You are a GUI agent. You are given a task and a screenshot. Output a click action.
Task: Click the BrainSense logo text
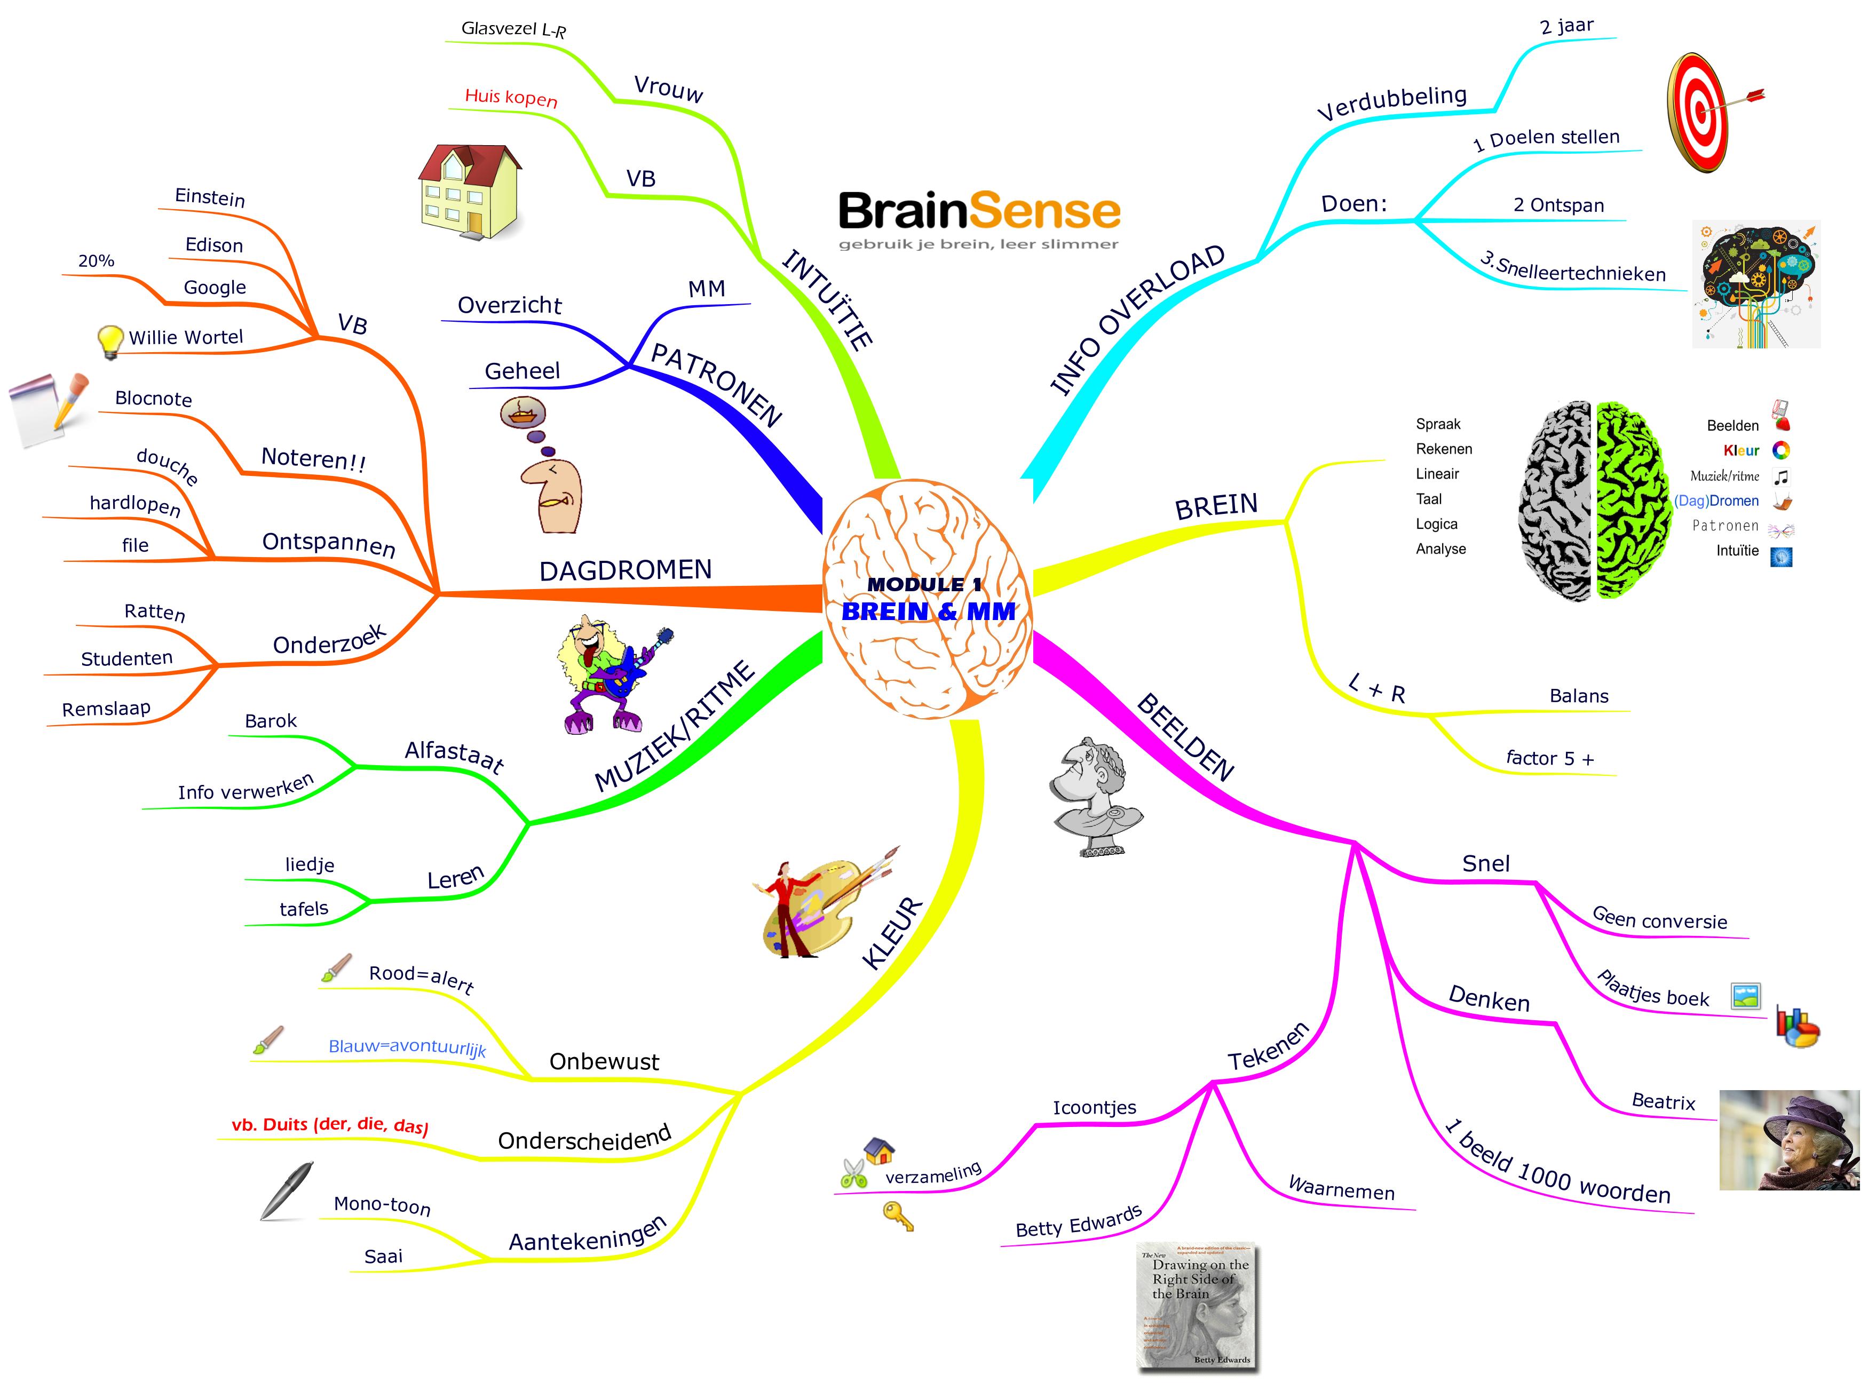click(979, 211)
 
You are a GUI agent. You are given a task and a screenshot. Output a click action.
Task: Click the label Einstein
click(210, 198)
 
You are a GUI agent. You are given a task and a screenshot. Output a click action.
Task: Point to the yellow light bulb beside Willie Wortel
click(109, 341)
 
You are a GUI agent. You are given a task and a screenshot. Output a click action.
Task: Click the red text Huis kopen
click(511, 98)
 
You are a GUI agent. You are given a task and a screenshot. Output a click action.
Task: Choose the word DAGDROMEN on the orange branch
click(625, 570)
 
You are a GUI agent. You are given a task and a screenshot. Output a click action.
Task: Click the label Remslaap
click(106, 709)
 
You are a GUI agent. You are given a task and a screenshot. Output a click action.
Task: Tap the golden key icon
click(897, 1216)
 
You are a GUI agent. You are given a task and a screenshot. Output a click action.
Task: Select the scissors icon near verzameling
click(853, 1172)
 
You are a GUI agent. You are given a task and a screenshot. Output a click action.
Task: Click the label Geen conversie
click(1659, 920)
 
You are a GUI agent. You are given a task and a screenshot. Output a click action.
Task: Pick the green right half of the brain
click(1633, 500)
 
